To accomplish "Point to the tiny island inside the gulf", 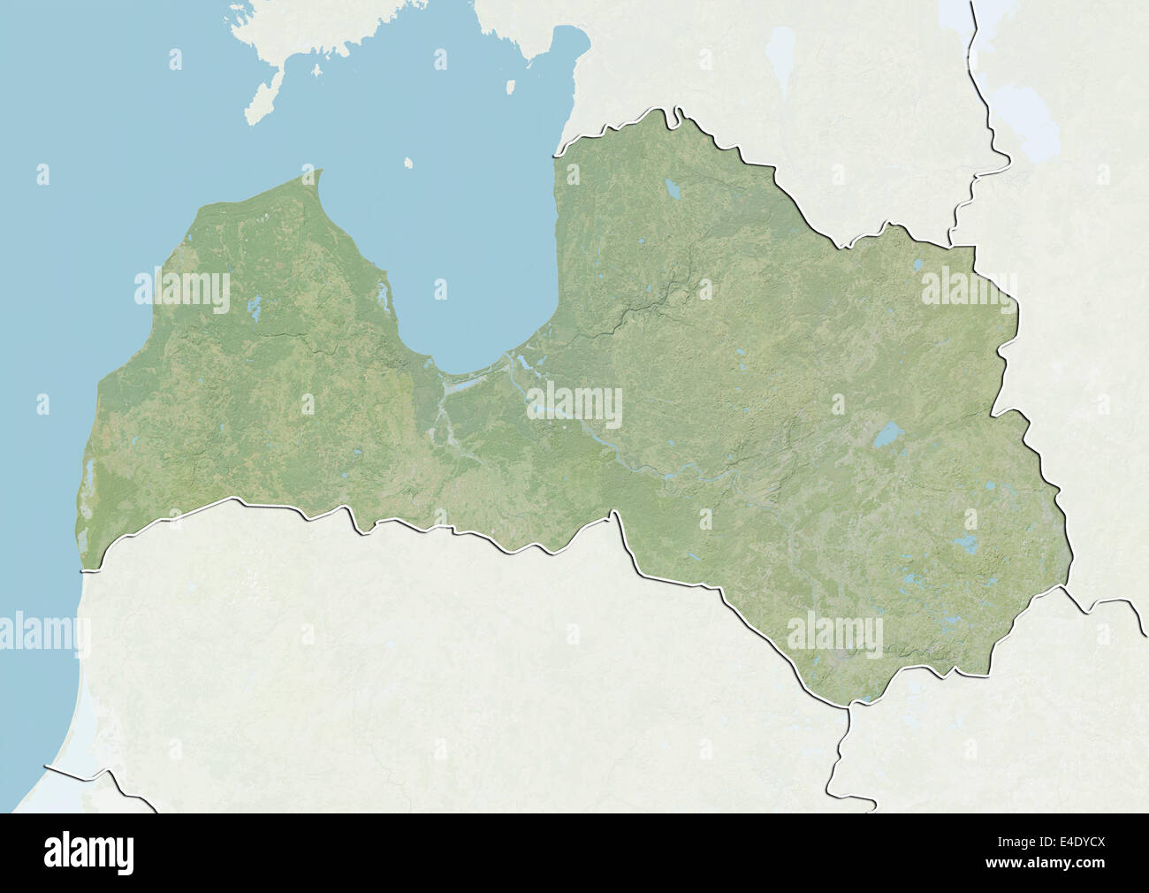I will click(408, 164).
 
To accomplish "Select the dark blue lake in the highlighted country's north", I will click(672, 189).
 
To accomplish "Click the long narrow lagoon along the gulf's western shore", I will click(383, 296).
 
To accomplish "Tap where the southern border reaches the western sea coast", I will click(84, 569).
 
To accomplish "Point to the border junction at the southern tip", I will click(848, 705).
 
